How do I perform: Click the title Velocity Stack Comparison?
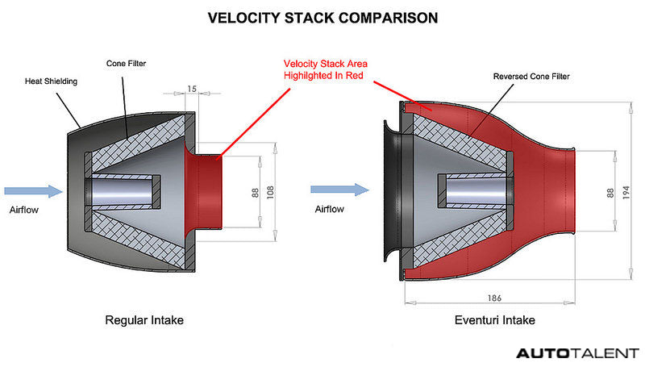322,17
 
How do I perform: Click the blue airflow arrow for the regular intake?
32,191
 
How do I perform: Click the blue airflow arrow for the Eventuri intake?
339,191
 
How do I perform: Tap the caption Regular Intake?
144,320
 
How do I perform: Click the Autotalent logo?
577,353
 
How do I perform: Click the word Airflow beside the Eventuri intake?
330,209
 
